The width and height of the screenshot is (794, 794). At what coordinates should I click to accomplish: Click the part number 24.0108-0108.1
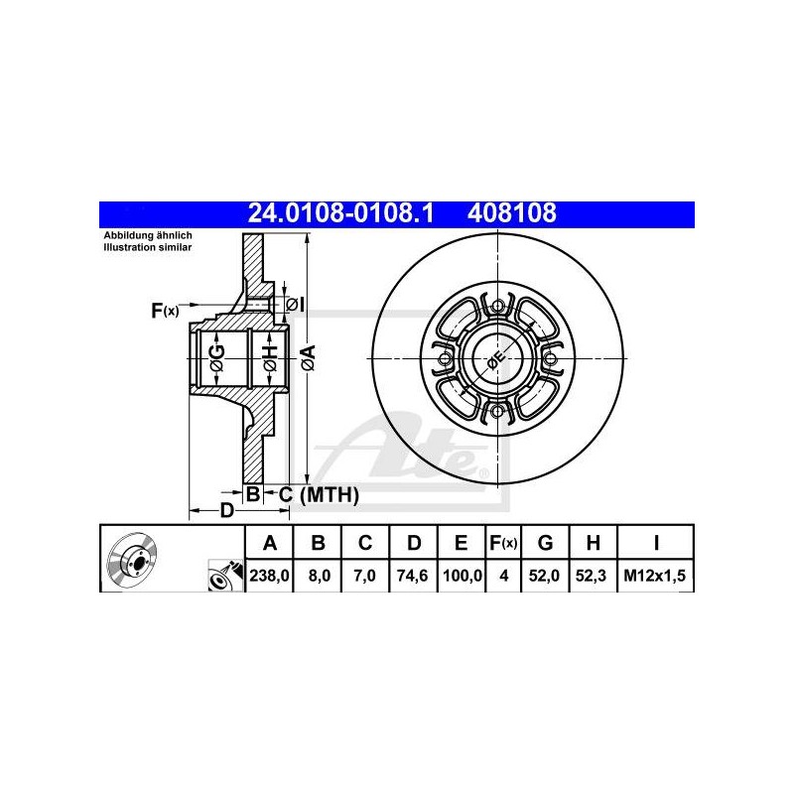click(x=340, y=213)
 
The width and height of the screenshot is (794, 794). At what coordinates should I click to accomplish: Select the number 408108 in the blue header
click(x=511, y=213)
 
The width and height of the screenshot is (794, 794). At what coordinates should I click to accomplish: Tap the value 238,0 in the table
click(x=269, y=576)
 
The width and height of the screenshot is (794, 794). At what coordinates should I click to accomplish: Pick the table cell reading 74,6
click(x=413, y=576)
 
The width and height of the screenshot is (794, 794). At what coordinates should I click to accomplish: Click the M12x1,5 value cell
click(x=655, y=576)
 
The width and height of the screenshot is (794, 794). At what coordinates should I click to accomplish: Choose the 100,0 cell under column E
click(x=462, y=576)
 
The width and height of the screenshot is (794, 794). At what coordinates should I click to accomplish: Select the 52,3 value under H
click(x=591, y=576)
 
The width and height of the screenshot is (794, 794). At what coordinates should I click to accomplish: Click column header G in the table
click(x=545, y=543)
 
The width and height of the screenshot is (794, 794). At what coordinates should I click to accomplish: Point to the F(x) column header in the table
click(x=503, y=543)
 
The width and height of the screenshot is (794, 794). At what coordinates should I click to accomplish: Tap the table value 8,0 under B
click(x=319, y=576)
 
